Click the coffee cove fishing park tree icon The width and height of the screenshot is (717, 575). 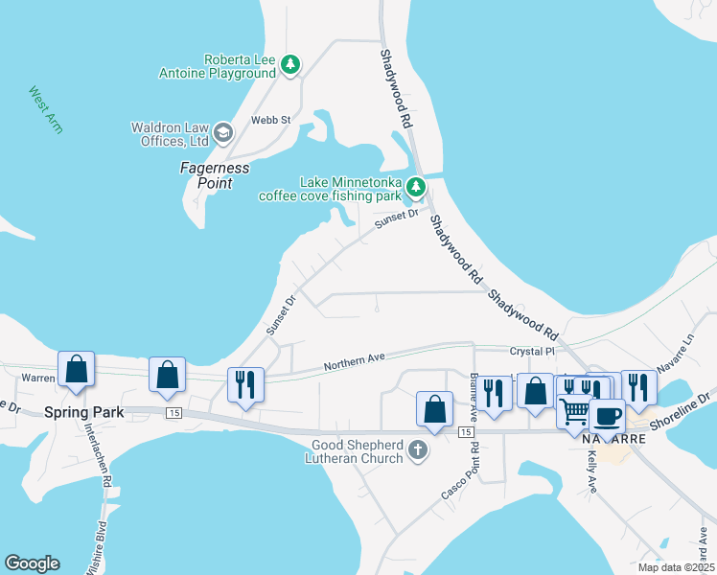(415, 187)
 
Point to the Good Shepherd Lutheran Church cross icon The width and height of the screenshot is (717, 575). (417, 449)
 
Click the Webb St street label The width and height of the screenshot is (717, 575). (270, 120)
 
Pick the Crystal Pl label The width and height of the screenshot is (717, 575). (533, 352)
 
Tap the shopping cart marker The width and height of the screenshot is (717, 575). (574, 411)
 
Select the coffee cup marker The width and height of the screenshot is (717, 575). (607, 415)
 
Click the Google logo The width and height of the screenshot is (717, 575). (32, 563)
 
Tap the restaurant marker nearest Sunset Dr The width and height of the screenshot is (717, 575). (244, 385)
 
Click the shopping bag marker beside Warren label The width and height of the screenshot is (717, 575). (77, 370)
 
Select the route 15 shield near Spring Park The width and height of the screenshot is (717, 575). (173, 413)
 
